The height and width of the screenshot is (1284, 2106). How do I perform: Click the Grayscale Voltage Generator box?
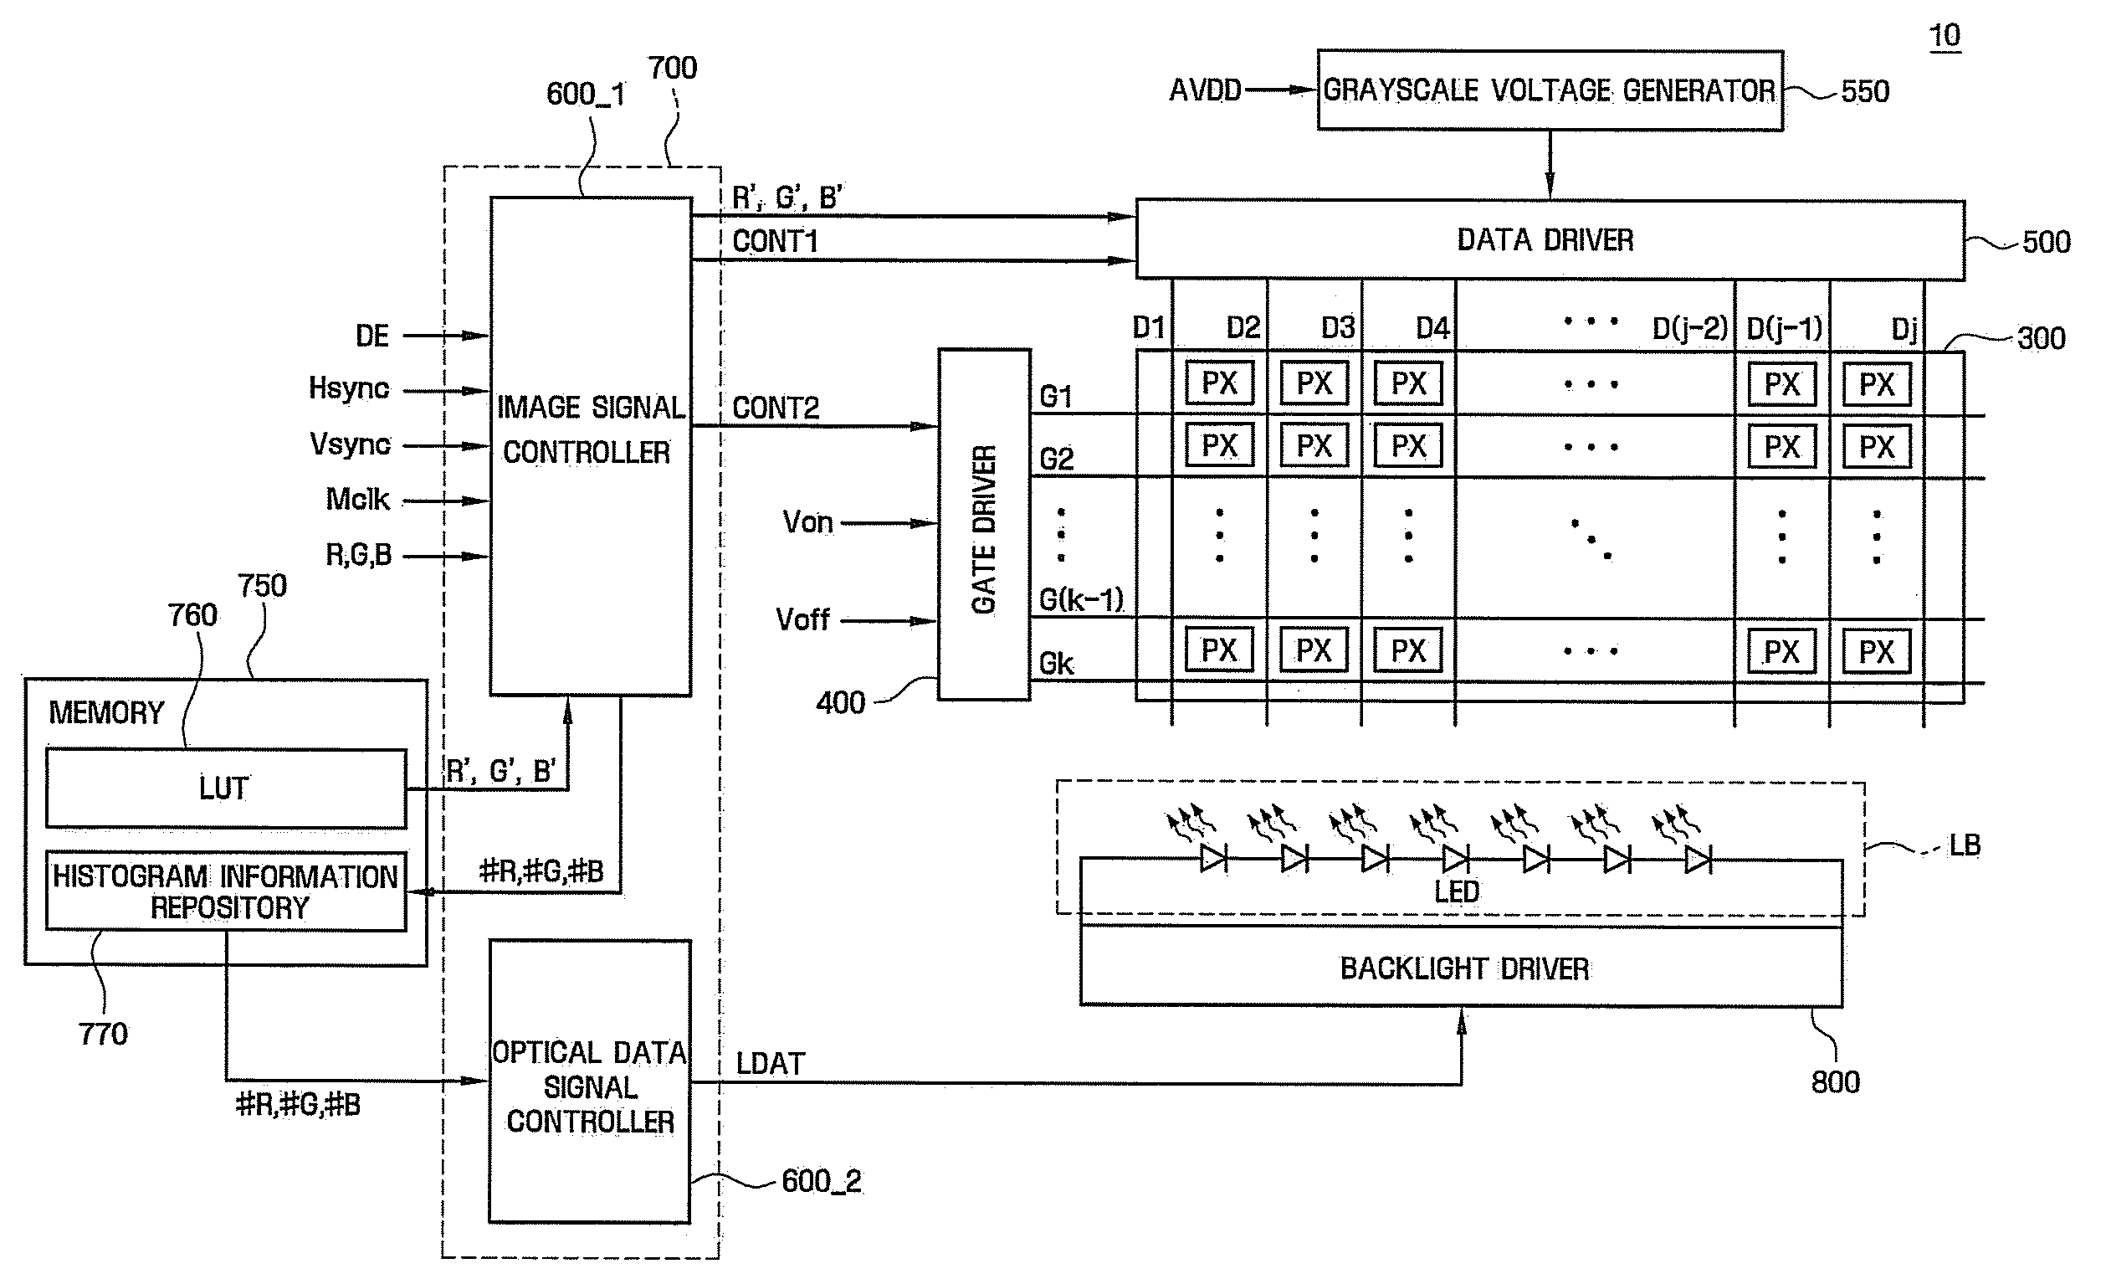pyautogui.click(x=1550, y=90)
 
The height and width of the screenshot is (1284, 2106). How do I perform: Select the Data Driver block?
pyautogui.click(x=1550, y=240)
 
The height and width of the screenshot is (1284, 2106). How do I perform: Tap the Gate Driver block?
pyautogui.click(x=984, y=524)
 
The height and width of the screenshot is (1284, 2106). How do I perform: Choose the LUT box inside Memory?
pyautogui.click(x=226, y=788)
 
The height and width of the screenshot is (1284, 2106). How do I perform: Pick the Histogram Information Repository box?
pyautogui.click(x=226, y=891)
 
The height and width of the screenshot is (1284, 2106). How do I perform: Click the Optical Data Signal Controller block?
pyautogui.click(x=590, y=1081)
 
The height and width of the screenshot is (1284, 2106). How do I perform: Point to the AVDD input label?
pyautogui.click(x=1204, y=90)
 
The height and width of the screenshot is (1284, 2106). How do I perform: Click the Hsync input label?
pyautogui.click(x=349, y=388)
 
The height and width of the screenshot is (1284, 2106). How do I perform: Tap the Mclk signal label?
pyautogui.click(x=357, y=498)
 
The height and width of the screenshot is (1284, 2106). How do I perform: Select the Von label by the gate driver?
pyautogui.click(x=807, y=521)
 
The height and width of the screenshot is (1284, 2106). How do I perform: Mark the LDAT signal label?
pyautogui.click(x=770, y=1064)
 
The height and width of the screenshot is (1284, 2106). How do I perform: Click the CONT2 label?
pyautogui.click(x=776, y=408)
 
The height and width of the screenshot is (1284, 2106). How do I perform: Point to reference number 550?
pyautogui.click(x=1865, y=91)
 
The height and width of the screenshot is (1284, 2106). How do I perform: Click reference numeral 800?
pyautogui.click(x=1835, y=1082)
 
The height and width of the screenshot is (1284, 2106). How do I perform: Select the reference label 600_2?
pyautogui.click(x=822, y=1181)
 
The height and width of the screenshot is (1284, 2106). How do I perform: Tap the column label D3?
pyautogui.click(x=1338, y=327)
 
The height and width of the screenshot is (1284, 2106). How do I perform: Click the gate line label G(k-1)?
pyautogui.click(x=1081, y=599)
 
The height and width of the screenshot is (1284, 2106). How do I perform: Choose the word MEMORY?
pyautogui.click(x=106, y=712)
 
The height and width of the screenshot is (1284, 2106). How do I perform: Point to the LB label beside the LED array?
pyautogui.click(x=1965, y=845)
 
